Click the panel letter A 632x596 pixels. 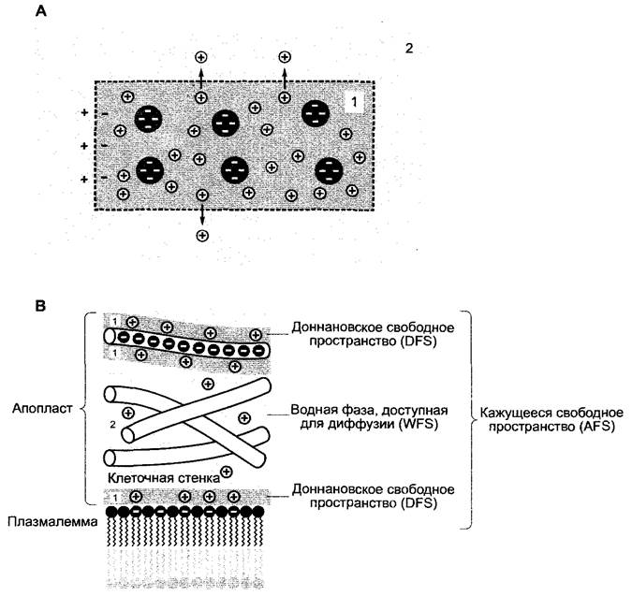click(x=40, y=11)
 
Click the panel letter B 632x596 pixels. click(x=40, y=306)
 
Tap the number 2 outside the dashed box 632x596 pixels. click(x=409, y=49)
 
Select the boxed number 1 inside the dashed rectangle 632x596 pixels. click(x=354, y=102)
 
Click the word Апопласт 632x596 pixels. click(x=42, y=408)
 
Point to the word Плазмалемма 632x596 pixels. click(x=52, y=522)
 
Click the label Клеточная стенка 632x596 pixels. click(x=164, y=478)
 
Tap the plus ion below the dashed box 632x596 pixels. click(x=202, y=236)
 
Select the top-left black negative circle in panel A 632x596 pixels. click(x=148, y=119)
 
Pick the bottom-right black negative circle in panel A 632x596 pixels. click(x=329, y=171)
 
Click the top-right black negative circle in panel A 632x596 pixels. click(x=316, y=113)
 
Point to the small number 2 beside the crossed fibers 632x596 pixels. click(x=113, y=425)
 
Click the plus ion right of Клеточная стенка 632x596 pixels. click(x=227, y=472)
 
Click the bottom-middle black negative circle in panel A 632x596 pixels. click(x=235, y=170)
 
